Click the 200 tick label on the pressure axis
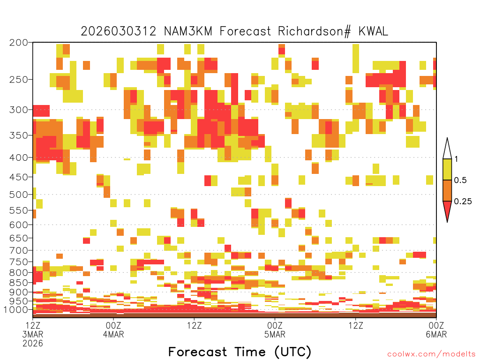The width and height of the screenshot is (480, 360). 18,43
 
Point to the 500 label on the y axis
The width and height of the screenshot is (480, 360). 18,195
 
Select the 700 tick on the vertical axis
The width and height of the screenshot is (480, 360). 18,250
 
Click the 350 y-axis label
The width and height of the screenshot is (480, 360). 18,135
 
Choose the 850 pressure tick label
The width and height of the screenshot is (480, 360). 18,283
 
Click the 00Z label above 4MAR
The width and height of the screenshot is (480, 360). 113,325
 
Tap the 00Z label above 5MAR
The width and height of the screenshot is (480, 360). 275,325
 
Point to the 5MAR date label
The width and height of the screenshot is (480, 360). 275,334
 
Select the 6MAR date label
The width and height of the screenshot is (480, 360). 436,334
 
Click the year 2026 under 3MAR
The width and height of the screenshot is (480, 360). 33,344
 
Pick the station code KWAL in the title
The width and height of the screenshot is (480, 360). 373,31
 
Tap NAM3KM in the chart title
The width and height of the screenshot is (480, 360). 188,31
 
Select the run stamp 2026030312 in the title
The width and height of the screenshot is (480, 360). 119,31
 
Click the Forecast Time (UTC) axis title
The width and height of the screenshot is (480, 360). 240,352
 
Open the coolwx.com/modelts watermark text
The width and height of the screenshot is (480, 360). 431,354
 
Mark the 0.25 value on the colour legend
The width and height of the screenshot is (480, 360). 463,202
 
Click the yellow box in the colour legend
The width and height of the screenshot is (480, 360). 447,169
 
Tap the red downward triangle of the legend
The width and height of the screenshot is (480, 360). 447,210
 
